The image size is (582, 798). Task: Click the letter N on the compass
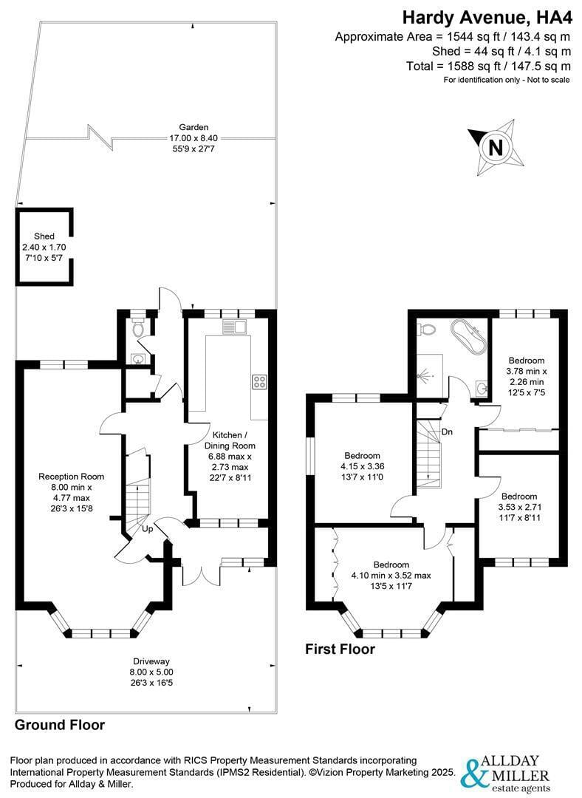pyautogui.click(x=496, y=148)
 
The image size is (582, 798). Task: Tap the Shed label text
pyautogui.click(x=44, y=236)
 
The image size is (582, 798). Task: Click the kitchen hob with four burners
pyautogui.click(x=259, y=382)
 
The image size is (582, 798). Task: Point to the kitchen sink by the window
pyautogui.click(x=234, y=327)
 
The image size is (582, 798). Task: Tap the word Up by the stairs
pyautogui.click(x=147, y=529)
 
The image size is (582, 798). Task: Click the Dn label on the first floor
pyautogui.click(x=447, y=432)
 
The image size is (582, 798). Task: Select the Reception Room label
pyautogui.click(x=71, y=477)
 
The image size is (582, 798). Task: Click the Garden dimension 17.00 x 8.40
pyautogui.click(x=194, y=138)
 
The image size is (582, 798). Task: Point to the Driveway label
pyautogui.click(x=151, y=661)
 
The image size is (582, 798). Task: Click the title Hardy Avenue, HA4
pyautogui.click(x=487, y=17)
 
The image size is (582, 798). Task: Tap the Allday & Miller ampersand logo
pyautogui.click(x=471, y=773)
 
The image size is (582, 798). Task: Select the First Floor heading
pyautogui.click(x=340, y=649)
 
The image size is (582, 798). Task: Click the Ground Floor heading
pyautogui.click(x=60, y=725)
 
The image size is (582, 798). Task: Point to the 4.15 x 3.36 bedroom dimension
pyautogui.click(x=362, y=466)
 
